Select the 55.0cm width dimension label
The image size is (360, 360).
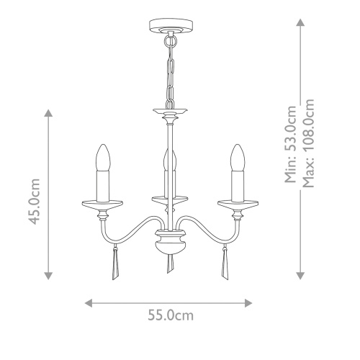coord(171,315)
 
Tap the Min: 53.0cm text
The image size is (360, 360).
coord(290,144)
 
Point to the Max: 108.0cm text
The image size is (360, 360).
coord(308,143)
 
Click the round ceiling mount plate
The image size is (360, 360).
coord(171,25)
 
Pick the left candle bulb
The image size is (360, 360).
coord(103,158)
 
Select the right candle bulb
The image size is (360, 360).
coord(238,158)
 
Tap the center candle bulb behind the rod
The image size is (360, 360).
coord(170,160)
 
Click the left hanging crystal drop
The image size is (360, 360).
coord(115,262)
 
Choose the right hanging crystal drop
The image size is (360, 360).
coord(225,262)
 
